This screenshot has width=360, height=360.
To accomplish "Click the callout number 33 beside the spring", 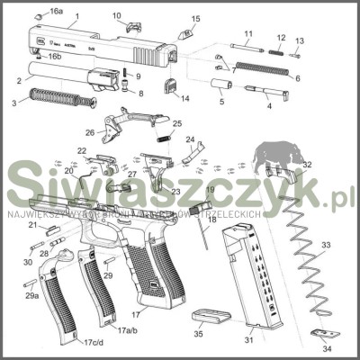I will click(326, 245).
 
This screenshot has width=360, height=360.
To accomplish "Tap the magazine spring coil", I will click(306, 261).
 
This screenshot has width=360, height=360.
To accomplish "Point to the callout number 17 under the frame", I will click(135, 315).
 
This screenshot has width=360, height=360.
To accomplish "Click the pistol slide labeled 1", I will click(99, 45).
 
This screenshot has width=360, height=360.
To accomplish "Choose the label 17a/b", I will click(129, 330).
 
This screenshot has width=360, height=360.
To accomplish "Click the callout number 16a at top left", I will click(56, 11).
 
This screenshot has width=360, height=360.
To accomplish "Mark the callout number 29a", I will click(31, 294).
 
